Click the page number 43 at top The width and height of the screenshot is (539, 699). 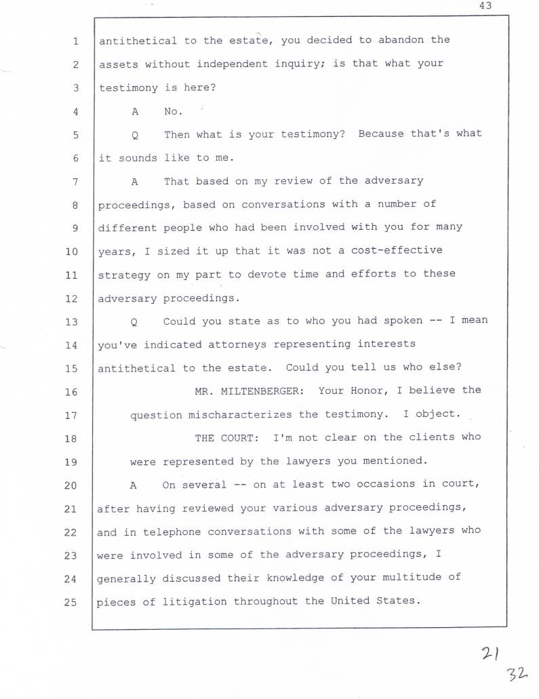[x=484, y=6]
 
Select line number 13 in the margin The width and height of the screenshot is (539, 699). [x=72, y=321]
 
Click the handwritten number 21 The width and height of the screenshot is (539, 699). [x=490, y=653]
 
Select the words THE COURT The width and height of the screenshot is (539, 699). [x=228, y=438]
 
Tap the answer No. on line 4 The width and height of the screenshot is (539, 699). [x=174, y=111]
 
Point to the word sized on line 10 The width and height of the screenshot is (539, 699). [x=174, y=251]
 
